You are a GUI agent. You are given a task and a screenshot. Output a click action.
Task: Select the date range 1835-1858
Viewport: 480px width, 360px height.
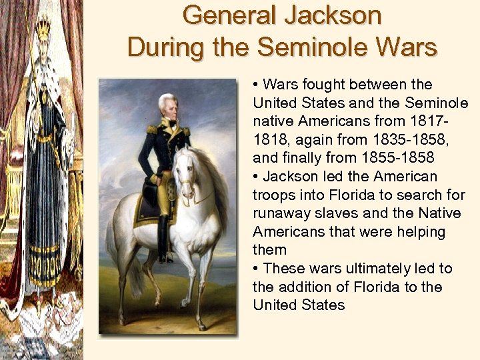tap(363, 141)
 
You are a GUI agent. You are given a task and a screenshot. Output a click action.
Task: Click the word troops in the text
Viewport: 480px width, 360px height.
tap(273, 195)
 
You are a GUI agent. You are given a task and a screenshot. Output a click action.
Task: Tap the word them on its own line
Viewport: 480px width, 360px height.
tap(270, 250)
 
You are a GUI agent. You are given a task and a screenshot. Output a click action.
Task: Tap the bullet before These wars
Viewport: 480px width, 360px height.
tap(257, 269)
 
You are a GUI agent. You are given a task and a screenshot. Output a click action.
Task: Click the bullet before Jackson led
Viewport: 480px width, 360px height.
tap(257, 177)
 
